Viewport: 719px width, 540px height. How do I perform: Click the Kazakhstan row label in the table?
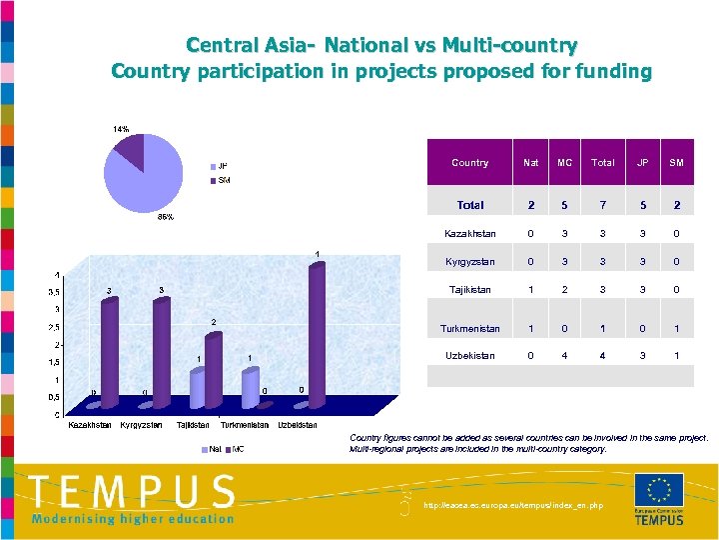[x=469, y=233]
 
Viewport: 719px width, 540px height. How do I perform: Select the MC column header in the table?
[x=565, y=162]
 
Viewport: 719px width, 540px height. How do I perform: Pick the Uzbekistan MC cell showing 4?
[x=565, y=356]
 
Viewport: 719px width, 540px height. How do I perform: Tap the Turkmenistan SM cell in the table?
[x=676, y=328]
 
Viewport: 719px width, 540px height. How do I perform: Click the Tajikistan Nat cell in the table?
[x=531, y=290]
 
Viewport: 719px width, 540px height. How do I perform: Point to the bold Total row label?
[x=469, y=205]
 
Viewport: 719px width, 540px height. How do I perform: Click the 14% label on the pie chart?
[x=120, y=129]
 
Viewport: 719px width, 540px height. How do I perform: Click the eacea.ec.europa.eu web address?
[x=513, y=506]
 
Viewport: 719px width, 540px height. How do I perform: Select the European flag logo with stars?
[x=659, y=490]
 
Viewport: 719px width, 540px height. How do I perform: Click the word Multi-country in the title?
[x=515, y=46]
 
